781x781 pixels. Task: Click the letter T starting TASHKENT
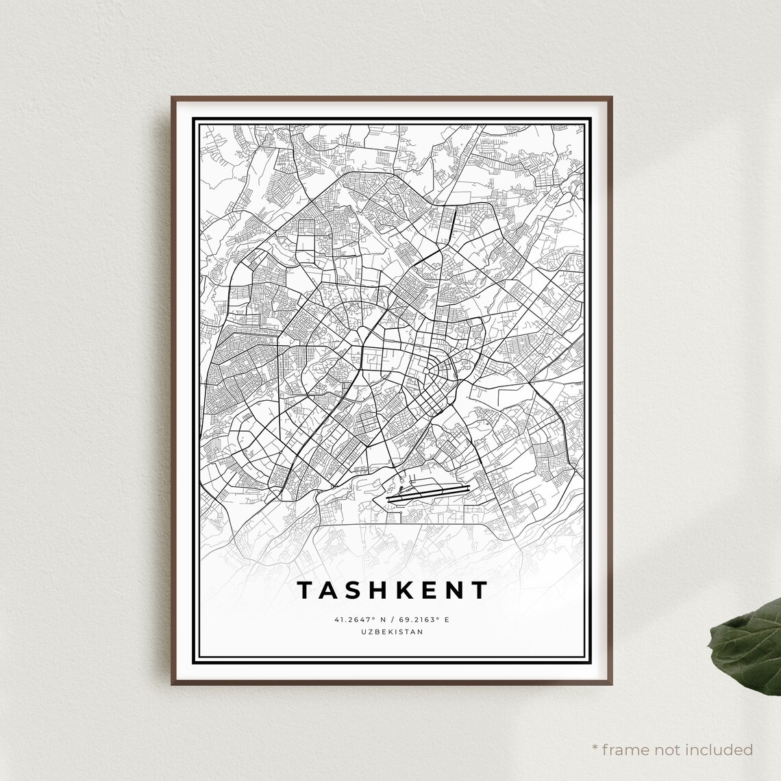tap(303, 590)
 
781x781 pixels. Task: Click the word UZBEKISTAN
tap(391, 632)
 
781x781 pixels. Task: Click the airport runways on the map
tap(428, 493)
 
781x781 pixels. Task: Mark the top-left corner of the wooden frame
tap(173, 98)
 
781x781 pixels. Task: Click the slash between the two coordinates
tap(391, 620)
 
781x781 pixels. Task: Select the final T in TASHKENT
tap(479, 590)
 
